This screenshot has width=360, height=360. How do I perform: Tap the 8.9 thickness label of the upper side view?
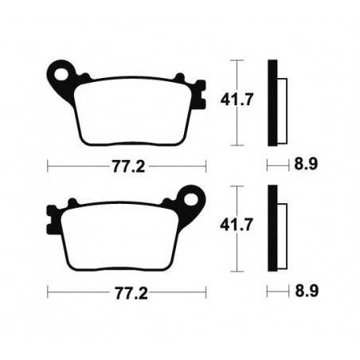pos(305,166)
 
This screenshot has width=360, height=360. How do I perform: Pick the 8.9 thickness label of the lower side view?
pos(305,292)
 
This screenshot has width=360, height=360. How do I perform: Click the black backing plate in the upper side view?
pos(272,103)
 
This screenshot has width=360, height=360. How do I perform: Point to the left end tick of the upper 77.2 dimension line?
pos(49,166)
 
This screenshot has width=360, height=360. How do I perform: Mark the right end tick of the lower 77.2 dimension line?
pos(206,292)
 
